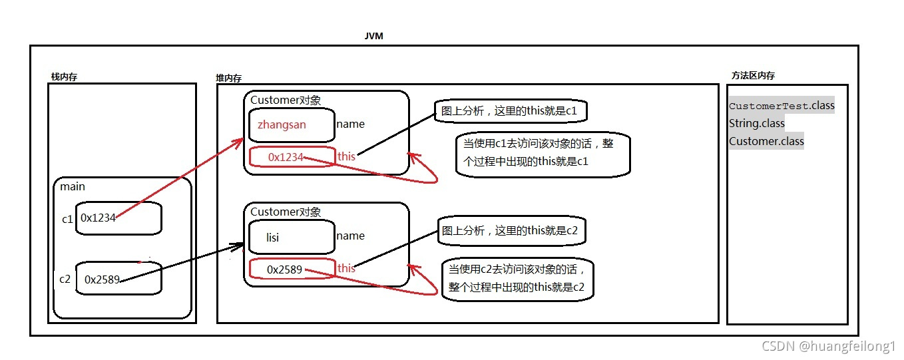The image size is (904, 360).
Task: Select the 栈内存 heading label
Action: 64,77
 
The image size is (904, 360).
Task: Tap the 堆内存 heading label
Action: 228,78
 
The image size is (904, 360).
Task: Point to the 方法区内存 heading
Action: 753,76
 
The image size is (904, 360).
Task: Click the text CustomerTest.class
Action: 782,106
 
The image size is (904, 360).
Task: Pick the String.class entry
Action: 757,123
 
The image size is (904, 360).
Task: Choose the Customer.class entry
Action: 766,141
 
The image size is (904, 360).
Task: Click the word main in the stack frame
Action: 73,186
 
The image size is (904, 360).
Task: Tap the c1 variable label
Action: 67,218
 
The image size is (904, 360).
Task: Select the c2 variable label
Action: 65,279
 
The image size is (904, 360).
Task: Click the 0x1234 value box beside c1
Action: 118,218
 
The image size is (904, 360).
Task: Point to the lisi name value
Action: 272,237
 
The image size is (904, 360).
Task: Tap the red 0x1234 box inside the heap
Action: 292,157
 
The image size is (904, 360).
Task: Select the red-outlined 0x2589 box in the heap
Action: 291,270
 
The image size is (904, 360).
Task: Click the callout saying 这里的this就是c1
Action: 511,111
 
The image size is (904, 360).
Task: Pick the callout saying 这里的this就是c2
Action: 511,232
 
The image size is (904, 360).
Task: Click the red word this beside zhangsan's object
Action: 346,156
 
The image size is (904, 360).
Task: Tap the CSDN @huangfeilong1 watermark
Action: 828,346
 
